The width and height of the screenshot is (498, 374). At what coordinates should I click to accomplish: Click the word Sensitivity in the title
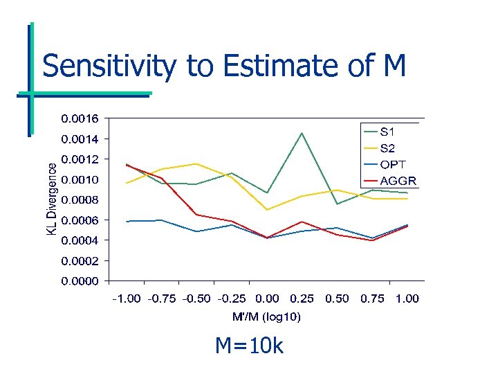point(110,67)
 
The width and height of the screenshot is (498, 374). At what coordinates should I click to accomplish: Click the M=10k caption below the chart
point(249,345)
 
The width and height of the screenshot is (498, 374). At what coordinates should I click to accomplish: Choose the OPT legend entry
point(393,165)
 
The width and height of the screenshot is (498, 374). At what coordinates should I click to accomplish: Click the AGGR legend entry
point(397,181)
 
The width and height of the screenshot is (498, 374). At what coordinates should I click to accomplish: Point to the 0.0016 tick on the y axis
point(80,118)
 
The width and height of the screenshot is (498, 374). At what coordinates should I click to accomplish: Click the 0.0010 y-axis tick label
point(80,179)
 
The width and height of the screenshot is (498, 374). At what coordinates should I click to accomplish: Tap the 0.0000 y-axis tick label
point(80,281)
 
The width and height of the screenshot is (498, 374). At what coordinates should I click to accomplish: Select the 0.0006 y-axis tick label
point(80,220)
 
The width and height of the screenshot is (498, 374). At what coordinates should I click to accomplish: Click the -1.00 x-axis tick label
point(126,299)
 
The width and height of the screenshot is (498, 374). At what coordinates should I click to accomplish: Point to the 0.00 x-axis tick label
point(267,299)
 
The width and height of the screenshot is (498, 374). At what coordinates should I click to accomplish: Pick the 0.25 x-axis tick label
point(302,299)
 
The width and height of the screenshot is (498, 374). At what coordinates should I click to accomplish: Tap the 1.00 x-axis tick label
point(407,299)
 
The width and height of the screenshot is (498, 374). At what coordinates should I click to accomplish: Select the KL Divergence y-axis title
point(52,199)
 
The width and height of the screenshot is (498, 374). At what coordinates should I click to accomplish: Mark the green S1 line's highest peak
point(302,133)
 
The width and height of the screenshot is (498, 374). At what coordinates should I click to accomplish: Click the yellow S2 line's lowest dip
point(267,209)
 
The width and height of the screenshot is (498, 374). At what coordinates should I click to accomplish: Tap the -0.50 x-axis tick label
point(196,299)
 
